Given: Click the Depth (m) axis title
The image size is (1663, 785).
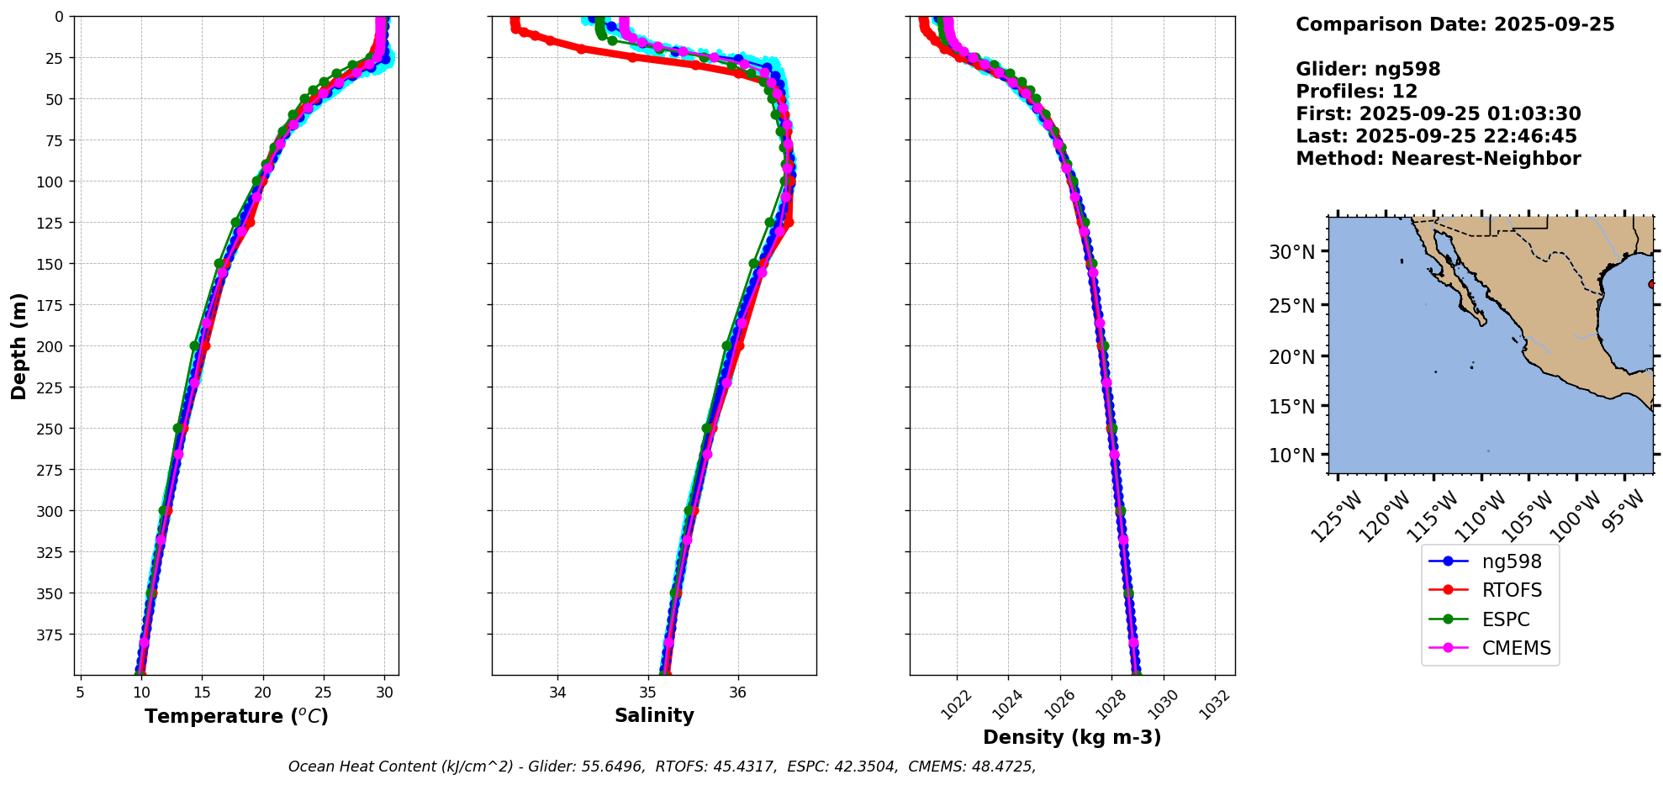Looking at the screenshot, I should tap(18, 345).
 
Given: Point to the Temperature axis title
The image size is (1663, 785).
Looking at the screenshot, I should tap(236, 716).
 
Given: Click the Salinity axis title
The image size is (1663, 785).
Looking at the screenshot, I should tap(654, 715).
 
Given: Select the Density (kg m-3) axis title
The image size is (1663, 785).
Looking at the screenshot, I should tap(1072, 737).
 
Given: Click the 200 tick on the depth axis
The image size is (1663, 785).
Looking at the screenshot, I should tap(52, 346).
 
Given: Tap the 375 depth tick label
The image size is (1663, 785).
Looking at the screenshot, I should tap(52, 635).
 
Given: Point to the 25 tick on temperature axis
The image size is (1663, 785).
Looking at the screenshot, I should tap(324, 693).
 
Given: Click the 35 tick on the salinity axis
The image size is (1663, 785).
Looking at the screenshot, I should tap(647, 693).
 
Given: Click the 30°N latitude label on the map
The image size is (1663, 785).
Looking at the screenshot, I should tap(1291, 252).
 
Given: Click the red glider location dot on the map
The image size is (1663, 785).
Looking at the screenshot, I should tap(1651, 284).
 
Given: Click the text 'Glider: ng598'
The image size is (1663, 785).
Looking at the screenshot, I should tap(1368, 69).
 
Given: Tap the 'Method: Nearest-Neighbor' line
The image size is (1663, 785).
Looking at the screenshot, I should tap(1438, 158).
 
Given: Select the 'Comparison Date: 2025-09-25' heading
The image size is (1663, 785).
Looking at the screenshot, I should tap(1454, 24).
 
